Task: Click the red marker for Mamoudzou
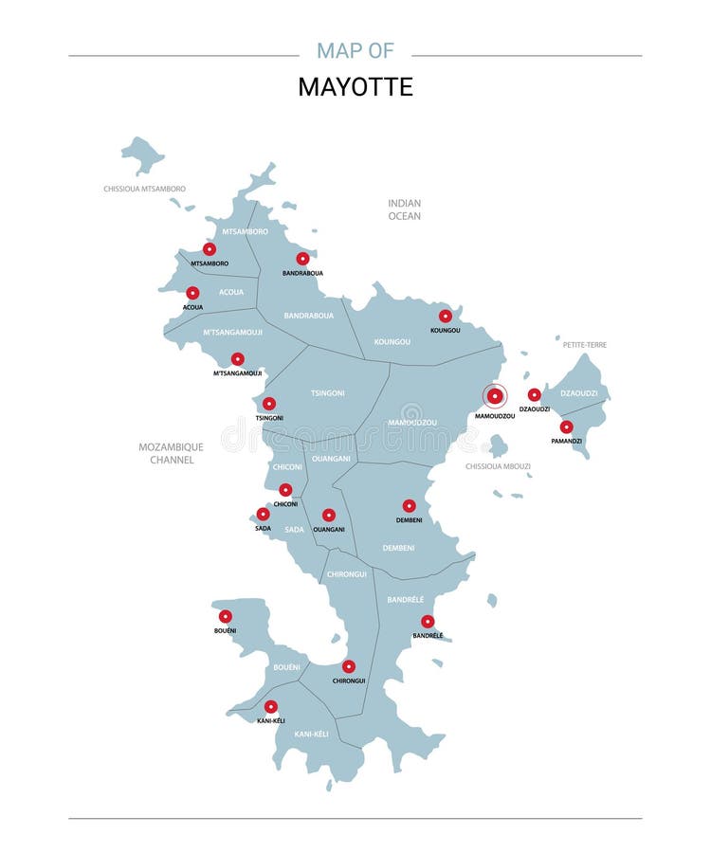[495, 396]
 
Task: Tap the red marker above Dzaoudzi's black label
[535, 394]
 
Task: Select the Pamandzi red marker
[566, 426]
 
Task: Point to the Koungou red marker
[446, 316]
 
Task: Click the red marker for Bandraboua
[302, 258]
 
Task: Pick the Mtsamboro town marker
[210, 249]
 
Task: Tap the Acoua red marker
[192, 293]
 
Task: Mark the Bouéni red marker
[226, 616]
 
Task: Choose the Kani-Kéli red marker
[271, 706]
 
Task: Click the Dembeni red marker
[410, 506]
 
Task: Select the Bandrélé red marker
[428, 622]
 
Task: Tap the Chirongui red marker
[349, 666]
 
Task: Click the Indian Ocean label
[404, 209]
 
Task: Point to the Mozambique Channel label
[172, 453]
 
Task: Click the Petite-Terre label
[585, 345]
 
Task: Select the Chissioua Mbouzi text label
[498, 466]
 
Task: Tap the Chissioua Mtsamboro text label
[144, 190]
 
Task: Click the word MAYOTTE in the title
[355, 87]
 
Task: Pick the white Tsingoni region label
[328, 392]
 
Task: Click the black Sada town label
[263, 528]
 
